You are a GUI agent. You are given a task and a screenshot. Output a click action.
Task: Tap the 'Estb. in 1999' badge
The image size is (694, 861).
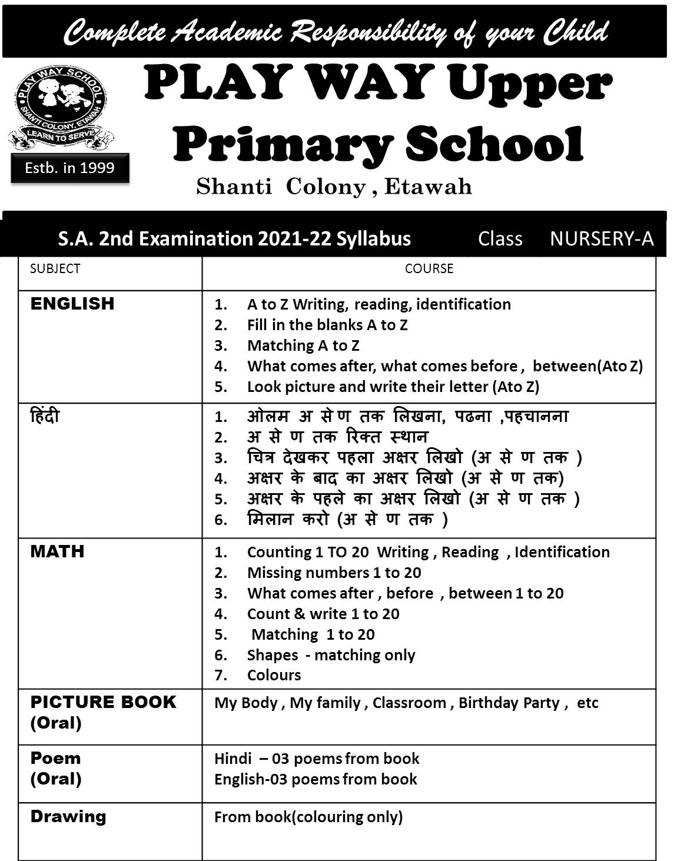click(69, 168)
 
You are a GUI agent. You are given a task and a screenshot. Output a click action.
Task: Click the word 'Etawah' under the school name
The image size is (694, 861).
click(428, 187)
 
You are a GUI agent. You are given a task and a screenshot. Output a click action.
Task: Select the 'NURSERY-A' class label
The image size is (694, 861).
click(602, 238)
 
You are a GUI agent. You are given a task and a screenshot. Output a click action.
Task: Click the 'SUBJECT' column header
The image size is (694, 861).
click(55, 268)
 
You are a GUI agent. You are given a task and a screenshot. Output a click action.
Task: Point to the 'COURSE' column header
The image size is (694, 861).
click(429, 268)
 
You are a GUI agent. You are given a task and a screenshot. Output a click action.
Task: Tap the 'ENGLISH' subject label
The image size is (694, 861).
click(72, 304)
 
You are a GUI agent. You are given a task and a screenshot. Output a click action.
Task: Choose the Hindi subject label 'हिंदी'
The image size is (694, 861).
click(45, 417)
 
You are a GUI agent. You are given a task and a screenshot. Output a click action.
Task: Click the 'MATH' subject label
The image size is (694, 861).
click(58, 551)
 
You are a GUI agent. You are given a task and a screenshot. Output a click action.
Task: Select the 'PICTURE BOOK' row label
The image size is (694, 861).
click(103, 702)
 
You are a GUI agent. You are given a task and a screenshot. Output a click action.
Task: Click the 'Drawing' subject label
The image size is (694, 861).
click(68, 816)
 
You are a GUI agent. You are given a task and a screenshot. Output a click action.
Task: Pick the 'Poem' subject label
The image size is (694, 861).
click(55, 758)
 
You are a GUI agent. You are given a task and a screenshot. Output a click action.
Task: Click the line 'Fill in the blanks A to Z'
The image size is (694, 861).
click(327, 325)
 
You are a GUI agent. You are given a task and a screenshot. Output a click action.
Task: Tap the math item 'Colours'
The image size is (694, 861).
click(274, 675)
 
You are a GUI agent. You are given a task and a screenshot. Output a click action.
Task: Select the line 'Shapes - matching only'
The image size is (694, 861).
click(331, 655)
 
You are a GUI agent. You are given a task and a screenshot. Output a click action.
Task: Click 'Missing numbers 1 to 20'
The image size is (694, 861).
click(334, 573)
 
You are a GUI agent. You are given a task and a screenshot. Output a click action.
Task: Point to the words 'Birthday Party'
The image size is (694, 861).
click(509, 703)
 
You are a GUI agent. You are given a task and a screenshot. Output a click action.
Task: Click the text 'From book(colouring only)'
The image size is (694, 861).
click(308, 817)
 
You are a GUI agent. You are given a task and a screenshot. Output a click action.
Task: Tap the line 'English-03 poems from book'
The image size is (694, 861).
click(316, 779)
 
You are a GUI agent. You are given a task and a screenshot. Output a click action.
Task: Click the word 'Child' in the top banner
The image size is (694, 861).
click(576, 32)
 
